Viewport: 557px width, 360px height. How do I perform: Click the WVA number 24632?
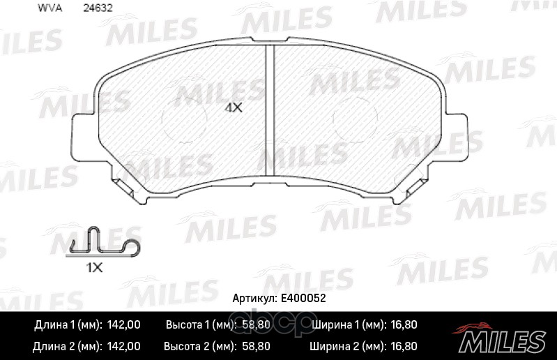click(98, 8)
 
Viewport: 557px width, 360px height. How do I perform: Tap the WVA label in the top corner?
click(49, 8)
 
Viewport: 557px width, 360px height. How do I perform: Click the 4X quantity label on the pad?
click(234, 107)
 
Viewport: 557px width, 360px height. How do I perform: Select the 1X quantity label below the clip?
click(95, 268)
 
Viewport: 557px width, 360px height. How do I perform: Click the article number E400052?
click(303, 298)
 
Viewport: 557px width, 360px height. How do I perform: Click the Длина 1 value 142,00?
click(123, 325)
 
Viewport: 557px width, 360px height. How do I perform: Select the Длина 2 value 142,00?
click(123, 347)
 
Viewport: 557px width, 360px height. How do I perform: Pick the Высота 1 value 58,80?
click(256, 325)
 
